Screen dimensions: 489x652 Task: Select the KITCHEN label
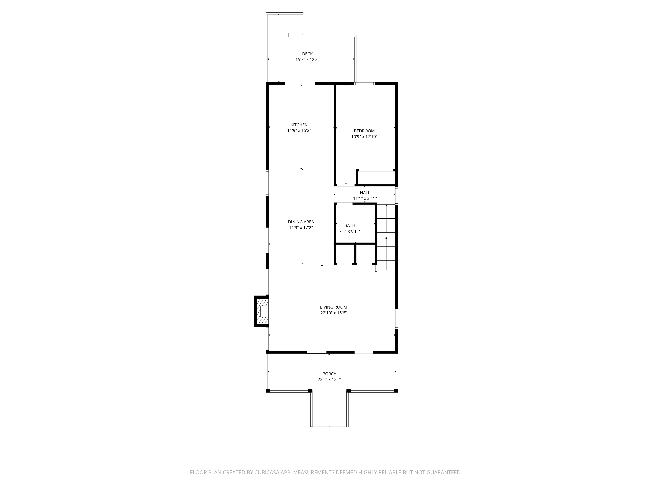pyautogui.click(x=299, y=125)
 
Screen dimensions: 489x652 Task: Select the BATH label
pyautogui.click(x=350, y=225)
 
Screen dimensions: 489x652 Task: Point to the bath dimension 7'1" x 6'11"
pyautogui.click(x=350, y=231)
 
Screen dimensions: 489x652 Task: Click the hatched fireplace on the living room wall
pyautogui.click(x=261, y=311)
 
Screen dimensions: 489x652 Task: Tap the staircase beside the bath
pyautogui.click(x=386, y=237)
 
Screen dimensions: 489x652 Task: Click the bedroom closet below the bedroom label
pyautogui.click(x=376, y=178)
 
